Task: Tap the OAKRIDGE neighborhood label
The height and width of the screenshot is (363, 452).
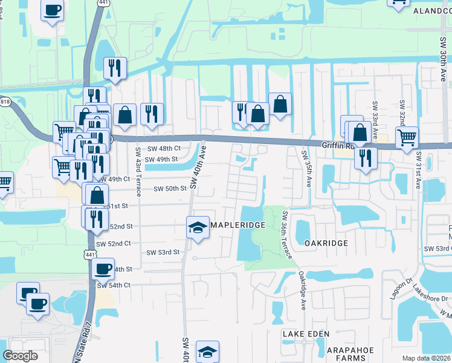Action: (x=326, y=243)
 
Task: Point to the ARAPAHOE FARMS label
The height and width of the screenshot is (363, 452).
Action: (x=351, y=354)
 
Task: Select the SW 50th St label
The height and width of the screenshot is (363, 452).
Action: (x=170, y=189)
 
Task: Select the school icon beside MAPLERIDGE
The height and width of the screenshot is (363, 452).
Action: (x=198, y=227)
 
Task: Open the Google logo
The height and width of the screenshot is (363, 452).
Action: (x=21, y=356)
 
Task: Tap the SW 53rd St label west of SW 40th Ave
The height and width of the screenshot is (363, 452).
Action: (x=164, y=252)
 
